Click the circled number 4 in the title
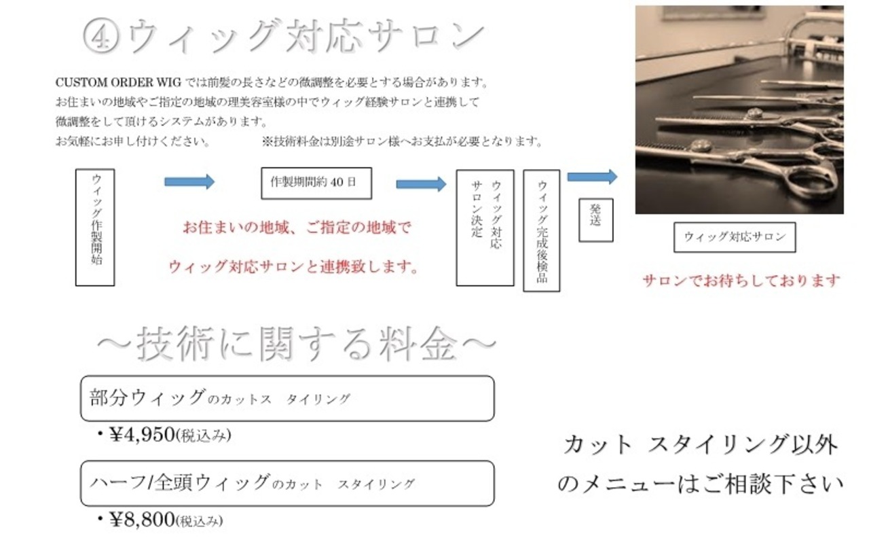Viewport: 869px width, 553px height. (x=101, y=37)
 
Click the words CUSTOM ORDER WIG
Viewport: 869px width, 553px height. (x=118, y=83)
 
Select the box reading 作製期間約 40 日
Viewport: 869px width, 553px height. (x=316, y=183)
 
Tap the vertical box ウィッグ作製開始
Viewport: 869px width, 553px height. (x=95, y=228)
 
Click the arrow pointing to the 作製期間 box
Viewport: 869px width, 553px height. (x=189, y=182)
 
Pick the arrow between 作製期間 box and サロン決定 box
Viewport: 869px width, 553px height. (x=421, y=184)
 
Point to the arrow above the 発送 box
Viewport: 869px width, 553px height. (x=592, y=177)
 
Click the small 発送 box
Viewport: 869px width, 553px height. (x=596, y=221)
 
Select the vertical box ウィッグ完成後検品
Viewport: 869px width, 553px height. (x=542, y=231)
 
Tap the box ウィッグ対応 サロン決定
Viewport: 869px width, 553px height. (x=485, y=228)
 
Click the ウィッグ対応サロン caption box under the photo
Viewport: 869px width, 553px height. (x=735, y=237)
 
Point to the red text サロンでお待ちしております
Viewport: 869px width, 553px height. (x=741, y=281)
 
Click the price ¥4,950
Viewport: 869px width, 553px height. (x=142, y=435)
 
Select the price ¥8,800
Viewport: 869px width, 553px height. (x=142, y=520)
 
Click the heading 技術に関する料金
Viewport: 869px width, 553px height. (x=297, y=344)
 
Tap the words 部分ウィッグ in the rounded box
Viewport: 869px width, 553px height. (x=147, y=397)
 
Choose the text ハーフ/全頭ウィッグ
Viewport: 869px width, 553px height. (x=180, y=483)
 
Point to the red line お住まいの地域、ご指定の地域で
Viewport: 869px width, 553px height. (x=297, y=228)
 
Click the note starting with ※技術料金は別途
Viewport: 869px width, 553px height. (x=403, y=142)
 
